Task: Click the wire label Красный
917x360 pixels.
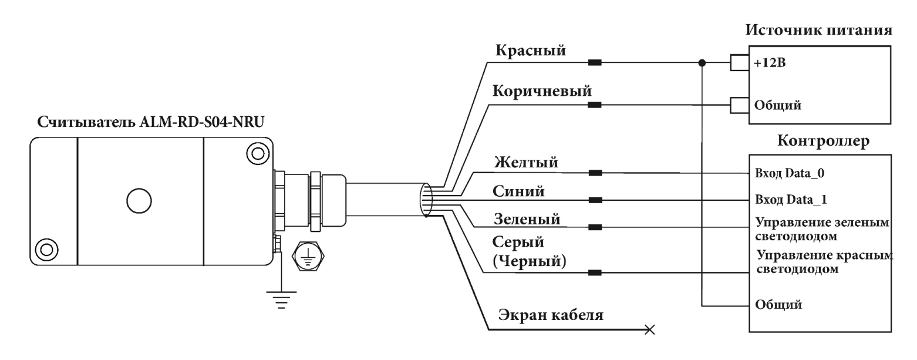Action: pyautogui.click(x=531, y=51)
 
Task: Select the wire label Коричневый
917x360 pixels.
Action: pyautogui.click(x=542, y=92)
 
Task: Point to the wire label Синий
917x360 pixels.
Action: pyautogui.click(x=518, y=191)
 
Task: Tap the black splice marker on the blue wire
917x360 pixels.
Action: pyautogui.click(x=595, y=200)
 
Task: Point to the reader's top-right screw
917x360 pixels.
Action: pyautogui.click(x=257, y=154)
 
